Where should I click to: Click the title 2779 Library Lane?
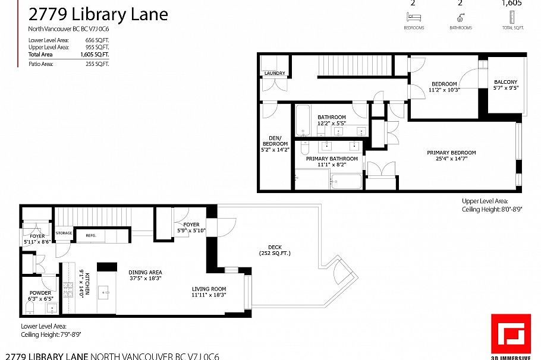(x=98, y=14)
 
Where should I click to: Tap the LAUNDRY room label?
(x=275, y=74)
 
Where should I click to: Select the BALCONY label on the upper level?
(x=506, y=82)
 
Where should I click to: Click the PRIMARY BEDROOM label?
(x=451, y=153)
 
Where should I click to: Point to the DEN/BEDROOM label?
(x=275, y=144)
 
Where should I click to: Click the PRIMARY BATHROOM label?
(x=332, y=159)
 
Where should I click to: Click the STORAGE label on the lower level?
(x=64, y=233)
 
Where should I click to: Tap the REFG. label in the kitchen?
(x=91, y=235)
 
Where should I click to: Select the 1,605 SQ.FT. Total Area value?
(x=97, y=54)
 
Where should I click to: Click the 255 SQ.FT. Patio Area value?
(x=97, y=63)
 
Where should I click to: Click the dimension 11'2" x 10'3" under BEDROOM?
(x=444, y=90)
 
